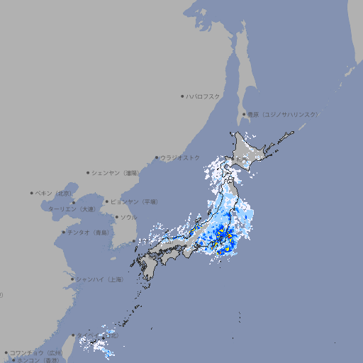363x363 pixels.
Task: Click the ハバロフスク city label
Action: tap(203, 96)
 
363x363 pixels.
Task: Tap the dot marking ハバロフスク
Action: tap(182, 96)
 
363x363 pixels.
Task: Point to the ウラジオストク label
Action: tap(180, 157)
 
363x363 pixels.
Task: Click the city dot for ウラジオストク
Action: tap(157, 157)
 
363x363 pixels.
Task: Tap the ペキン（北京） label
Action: tap(54, 193)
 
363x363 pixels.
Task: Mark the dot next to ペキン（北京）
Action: tap(32, 193)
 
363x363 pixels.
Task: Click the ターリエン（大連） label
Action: tap(72, 210)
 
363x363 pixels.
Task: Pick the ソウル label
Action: tap(128, 217)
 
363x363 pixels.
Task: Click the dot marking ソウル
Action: tap(116, 217)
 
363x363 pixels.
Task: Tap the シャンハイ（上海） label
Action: tap(99, 279)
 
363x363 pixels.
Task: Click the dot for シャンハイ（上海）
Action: tap(72, 279)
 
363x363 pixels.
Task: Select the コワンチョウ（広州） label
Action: tap(36, 352)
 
